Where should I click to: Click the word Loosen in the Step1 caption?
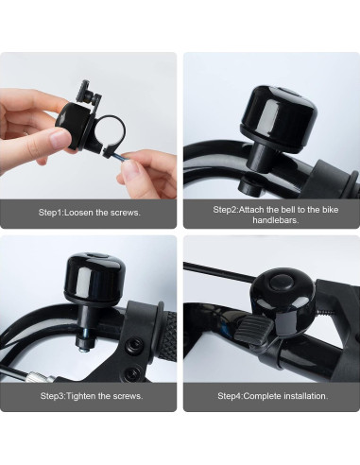tap(84, 213)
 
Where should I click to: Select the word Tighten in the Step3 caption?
tap(84, 395)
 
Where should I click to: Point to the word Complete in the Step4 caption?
tap(261, 395)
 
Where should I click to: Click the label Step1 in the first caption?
tap(50, 213)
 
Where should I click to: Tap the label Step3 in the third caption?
tap(50, 395)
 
